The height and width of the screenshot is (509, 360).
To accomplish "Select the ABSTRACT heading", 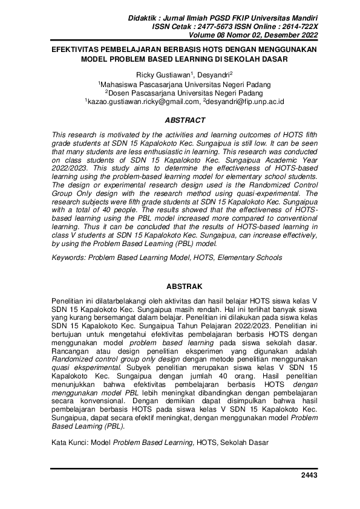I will coord(180,121).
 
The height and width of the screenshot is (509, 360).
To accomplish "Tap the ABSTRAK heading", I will coord(180,286).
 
